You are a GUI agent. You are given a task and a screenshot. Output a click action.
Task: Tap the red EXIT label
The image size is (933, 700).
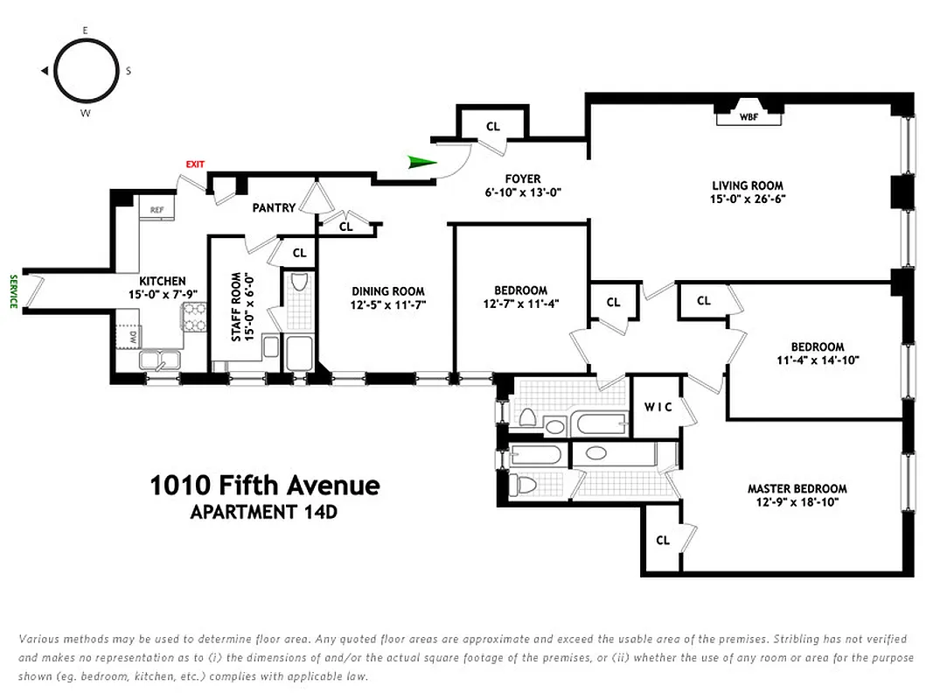click(194, 164)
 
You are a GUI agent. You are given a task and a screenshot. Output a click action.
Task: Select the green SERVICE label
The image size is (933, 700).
click(13, 291)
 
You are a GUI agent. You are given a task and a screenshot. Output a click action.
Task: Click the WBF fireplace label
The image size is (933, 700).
click(748, 116)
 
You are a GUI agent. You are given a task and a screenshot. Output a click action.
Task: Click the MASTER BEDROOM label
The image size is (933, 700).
click(797, 489)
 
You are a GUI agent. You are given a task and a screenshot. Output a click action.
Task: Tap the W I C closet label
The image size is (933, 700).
click(658, 407)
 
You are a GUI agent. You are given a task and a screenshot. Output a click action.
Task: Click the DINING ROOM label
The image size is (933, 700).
click(388, 291)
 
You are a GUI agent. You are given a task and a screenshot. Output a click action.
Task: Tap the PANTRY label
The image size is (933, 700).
click(273, 208)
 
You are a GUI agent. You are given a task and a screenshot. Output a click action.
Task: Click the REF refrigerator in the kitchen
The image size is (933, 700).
click(157, 210)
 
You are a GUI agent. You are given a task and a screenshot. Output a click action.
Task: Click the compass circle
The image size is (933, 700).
click(86, 72)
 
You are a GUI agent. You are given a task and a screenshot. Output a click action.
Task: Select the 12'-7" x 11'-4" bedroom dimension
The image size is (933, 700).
click(520, 304)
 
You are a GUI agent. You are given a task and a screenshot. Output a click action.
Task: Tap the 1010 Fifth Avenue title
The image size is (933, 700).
click(265, 486)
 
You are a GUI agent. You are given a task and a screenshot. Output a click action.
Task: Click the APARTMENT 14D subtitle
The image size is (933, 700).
click(263, 512)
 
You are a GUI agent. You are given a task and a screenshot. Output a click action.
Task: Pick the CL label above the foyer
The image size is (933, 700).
click(493, 127)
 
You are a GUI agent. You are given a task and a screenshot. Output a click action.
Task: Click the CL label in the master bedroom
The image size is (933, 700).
click(663, 541)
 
